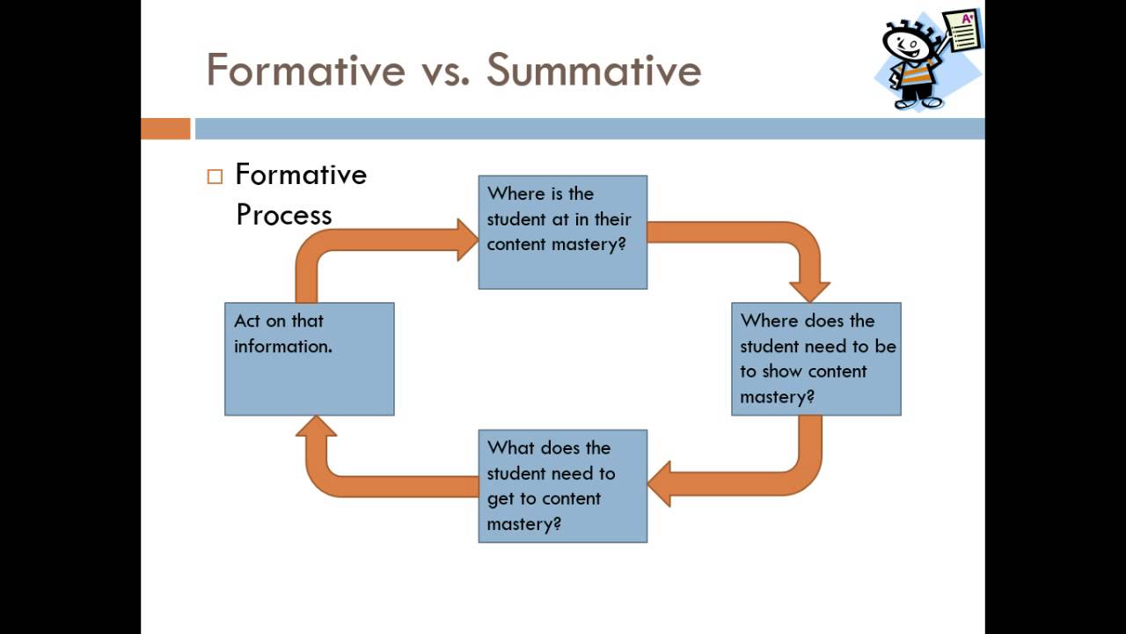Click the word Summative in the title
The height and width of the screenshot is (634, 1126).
click(x=594, y=70)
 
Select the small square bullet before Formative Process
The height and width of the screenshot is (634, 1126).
click(x=216, y=176)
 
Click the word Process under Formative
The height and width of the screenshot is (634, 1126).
click(x=284, y=215)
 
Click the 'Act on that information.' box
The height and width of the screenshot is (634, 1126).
click(x=310, y=359)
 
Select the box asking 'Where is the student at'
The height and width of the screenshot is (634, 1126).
click(x=563, y=232)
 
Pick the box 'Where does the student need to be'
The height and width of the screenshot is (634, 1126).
click(x=816, y=359)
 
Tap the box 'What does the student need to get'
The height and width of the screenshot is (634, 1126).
click(x=563, y=486)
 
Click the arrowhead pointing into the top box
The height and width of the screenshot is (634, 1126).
click(x=466, y=240)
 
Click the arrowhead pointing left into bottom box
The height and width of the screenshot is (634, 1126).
click(x=660, y=484)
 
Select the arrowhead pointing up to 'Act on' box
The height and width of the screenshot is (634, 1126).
click(x=317, y=426)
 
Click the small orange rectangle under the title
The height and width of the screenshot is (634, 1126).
click(x=165, y=129)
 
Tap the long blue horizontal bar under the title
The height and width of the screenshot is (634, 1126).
click(x=589, y=129)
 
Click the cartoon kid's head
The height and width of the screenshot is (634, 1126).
click(x=906, y=42)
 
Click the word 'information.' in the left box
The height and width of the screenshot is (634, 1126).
click(x=283, y=346)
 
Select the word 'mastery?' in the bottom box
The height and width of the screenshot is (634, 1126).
click(x=524, y=524)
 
